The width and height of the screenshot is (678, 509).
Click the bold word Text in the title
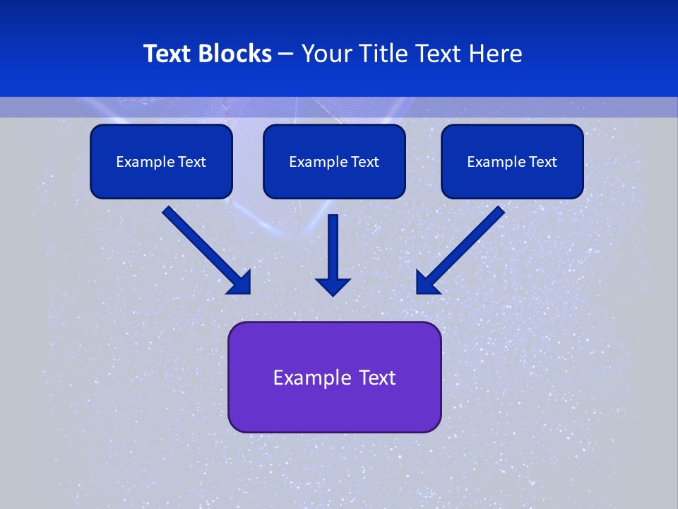pyautogui.click(x=167, y=54)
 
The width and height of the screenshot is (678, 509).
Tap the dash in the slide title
pyautogui.click(x=286, y=54)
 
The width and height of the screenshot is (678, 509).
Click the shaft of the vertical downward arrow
pyautogui.click(x=333, y=244)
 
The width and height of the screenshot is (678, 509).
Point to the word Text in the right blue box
pyautogui.click(x=542, y=162)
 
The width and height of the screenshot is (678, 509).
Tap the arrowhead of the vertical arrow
pyautogui.click(x=333, y=286)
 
